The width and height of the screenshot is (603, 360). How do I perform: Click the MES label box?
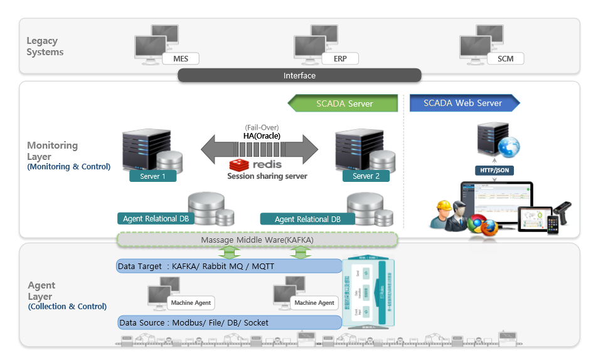tap(180, 59)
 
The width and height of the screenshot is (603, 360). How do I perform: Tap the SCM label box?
tap(505, 59)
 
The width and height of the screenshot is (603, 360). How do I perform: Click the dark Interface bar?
tap(299, 75)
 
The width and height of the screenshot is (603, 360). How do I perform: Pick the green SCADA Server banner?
tap(344, 103)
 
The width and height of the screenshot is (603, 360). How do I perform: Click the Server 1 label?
tap(152, 176)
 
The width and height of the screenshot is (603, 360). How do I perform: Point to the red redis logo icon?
tap(237, 165)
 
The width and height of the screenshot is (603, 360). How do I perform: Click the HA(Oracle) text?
tap(262, 136)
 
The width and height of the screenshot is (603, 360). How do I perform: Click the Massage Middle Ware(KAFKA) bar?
tap(257, 240)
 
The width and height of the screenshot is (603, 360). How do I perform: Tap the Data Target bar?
tap(229, 267)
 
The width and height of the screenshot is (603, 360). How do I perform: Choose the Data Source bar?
tap(229, 322)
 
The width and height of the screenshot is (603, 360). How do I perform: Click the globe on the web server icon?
tap(509, 146)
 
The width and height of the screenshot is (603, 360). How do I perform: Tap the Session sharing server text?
tap(267, 176)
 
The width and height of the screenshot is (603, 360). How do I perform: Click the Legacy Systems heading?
tap(45, 46)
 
